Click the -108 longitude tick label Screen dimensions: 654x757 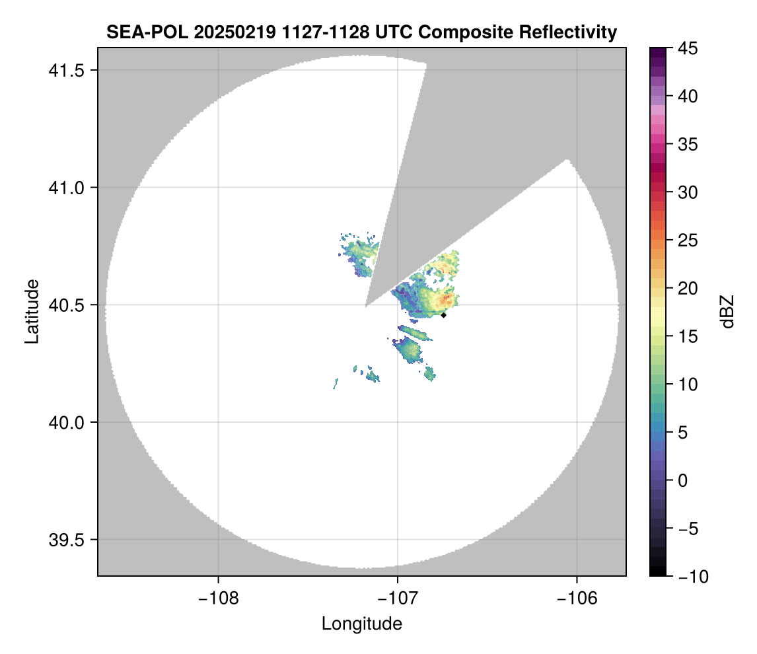pyautogui.click(x=217, y=598)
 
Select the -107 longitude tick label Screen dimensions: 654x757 pyautogui.click(x=398, y=598)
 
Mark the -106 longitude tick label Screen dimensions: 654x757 pyautogui.click(x=577, y=598)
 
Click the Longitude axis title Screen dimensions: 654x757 pyautogui.click(x=361, y=624)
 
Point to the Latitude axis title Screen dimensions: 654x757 pyautogui.click(x=32, y=311)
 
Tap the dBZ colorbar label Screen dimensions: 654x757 pyautogui.click(x=727, y=312)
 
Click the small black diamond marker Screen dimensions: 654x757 pyautogui.click(x=444, y=315)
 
